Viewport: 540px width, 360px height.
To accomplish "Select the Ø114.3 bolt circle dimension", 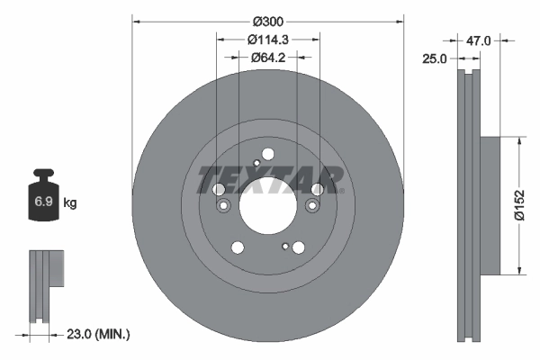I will point(268,39).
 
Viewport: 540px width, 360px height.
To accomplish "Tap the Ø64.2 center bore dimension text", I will point(268,57).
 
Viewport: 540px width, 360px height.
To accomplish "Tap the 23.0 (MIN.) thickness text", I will point(99,334).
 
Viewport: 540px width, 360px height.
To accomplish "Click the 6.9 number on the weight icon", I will point(42,203).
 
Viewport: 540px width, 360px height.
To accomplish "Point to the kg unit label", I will point(70,203).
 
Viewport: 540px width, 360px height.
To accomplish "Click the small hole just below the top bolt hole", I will point(256,163).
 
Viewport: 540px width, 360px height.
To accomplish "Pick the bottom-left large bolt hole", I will point(238,247).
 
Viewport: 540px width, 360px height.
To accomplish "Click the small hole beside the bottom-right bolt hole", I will point(285,245).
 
